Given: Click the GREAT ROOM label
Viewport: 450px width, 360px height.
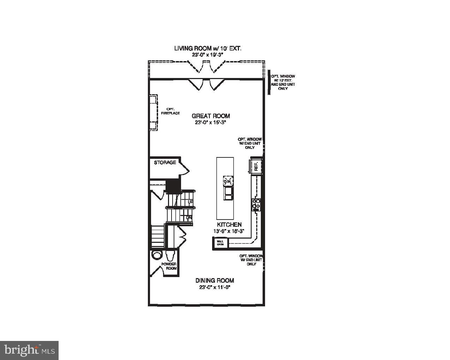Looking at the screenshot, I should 211,116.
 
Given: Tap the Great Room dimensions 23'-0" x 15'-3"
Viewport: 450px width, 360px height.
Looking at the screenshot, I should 210,123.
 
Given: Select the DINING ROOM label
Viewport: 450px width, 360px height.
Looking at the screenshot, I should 215,281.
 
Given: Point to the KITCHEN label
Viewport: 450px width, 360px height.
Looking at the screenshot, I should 229,224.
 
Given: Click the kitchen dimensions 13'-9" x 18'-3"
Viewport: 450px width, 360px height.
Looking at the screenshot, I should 229,232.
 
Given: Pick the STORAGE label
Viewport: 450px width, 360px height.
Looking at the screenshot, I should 165,163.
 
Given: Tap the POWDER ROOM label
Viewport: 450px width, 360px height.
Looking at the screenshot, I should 169,266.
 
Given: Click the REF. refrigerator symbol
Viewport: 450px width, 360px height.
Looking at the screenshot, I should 256,166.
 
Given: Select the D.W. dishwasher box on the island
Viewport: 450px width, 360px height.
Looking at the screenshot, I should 228,181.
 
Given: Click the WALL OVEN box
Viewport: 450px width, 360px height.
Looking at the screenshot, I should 220,243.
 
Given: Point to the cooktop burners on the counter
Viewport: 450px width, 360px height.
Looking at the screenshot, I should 256,204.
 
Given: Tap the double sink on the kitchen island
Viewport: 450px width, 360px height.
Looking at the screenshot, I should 229,193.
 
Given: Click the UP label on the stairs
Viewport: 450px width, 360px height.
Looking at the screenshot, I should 190,202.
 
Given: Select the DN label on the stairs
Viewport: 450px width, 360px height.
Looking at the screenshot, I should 189,218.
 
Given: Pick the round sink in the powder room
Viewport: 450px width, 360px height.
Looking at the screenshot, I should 156,255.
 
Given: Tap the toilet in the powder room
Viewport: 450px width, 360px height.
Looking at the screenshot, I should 170,255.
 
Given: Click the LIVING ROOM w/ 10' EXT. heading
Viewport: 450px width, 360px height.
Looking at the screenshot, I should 208,48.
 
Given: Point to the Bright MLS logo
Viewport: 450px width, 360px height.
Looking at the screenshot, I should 29,350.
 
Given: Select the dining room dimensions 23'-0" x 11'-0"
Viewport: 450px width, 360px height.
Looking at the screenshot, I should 215,288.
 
